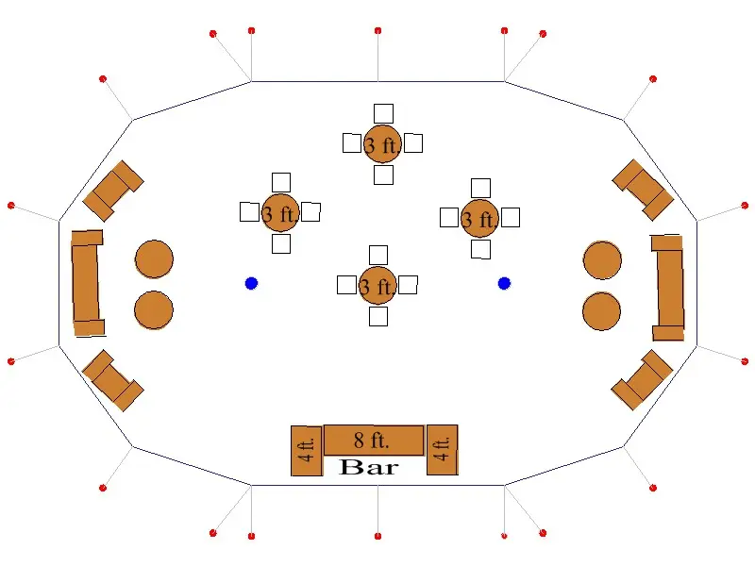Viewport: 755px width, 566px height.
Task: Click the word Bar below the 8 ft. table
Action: point(369,467)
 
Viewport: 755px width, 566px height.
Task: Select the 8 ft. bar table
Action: point(374,440)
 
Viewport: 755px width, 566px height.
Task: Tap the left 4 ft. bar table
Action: point(307,451)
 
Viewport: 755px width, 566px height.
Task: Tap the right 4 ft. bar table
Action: point(443,450)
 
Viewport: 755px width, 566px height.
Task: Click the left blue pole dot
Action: point(251,284)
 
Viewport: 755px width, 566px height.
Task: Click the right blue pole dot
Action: point(504,284)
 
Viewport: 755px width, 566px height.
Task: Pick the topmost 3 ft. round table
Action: point(382,144)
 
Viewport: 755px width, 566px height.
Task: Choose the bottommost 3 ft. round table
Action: point(377,286)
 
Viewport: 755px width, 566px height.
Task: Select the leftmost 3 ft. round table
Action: point(280,213)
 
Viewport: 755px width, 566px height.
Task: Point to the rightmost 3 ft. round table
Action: point(479,219)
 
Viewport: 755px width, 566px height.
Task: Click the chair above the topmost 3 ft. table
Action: point(383,113)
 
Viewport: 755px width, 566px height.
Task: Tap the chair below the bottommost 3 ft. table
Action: point(378,316)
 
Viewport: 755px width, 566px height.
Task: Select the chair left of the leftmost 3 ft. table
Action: point(249,211)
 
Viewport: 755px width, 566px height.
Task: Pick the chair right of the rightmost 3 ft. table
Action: point(511,217)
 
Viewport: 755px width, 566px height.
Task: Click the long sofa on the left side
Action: point(87,283)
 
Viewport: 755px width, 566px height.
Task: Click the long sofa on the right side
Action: point(668,288)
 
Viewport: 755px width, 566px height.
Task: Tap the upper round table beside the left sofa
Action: point(154,258)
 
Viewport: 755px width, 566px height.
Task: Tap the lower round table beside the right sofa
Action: point(602,311)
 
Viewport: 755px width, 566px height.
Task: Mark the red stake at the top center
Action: point(378,31)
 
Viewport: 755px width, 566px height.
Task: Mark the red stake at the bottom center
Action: point(378,536)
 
